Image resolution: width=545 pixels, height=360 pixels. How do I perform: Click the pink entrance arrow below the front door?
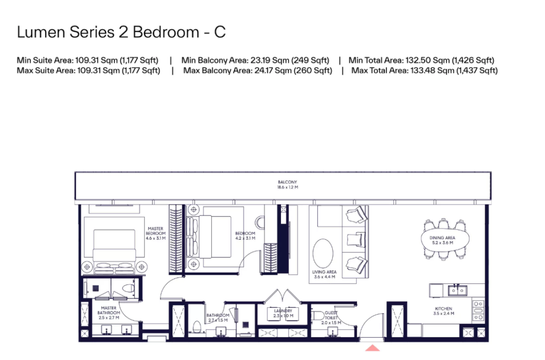(372, 348)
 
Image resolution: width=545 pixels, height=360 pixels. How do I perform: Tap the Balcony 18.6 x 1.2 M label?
(287, 185)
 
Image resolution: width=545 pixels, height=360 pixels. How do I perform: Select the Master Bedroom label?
(155, 233)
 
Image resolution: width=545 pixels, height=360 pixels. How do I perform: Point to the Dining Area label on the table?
(442, 240)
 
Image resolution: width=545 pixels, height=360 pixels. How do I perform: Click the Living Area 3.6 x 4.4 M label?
(324, 274)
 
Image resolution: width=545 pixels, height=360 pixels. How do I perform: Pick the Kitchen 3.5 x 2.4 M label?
(443, 311)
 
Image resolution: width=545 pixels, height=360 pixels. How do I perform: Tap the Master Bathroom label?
(109, 313)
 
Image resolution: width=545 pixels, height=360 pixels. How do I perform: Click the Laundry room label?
(283, 313)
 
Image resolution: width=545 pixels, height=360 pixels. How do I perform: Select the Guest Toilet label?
(331, 317)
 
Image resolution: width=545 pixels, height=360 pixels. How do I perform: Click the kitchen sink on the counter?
(457, 290)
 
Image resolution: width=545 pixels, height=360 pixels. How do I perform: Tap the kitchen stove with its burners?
(478, 310)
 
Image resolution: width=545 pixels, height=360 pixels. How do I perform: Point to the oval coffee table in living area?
(323, 253)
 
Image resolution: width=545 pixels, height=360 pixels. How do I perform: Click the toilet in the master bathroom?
(128, 288)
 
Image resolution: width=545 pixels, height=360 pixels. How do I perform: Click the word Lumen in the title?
(41, 32)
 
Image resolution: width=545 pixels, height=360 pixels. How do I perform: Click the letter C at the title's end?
(220, 32)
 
